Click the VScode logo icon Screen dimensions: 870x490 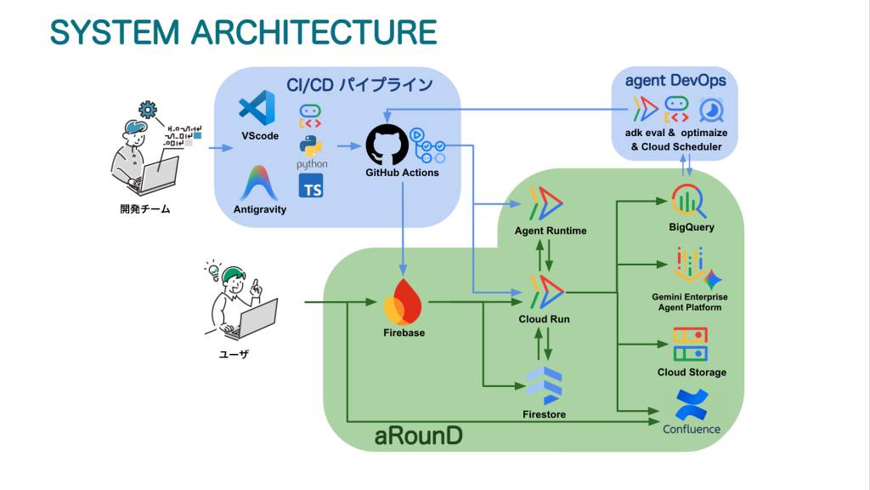tap(257, 108)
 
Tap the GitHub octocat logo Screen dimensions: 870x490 tap(387, 145)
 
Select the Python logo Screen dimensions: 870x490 tap(311, 146)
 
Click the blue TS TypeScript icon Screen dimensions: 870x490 tap(311, 185)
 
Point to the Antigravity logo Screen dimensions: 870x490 tap(259, 183)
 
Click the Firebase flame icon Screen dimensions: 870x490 tap(404, 302)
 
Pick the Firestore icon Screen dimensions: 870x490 tap(545, 385)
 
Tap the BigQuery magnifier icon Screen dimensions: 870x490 tap(688, 201)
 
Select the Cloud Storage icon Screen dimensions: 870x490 tap(690, 344)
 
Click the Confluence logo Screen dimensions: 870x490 tap(692, 405)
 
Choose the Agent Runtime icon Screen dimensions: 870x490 tap(546, 203)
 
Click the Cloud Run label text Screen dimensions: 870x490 tap(545, 319)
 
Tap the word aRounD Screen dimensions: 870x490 tap(418, 436)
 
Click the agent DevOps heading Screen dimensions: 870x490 tap(675, 81)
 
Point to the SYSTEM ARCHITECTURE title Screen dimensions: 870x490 tap(244, 31)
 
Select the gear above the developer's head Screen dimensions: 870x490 tap(148, 110)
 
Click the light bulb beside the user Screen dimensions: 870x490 tap(213, 270)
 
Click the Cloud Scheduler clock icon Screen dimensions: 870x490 tap(711, 110)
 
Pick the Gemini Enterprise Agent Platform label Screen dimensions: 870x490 tap(690, 302)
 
